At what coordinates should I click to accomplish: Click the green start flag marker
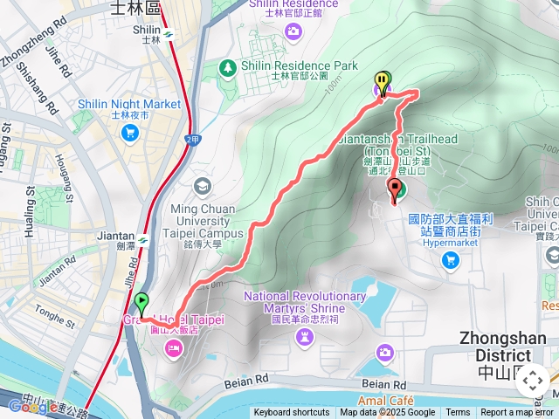click(x=142, y=304)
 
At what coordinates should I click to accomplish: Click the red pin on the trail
click(x=395, y=190)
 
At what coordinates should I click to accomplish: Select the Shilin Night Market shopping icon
click(x=130, y=133)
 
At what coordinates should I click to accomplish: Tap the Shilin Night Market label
click(x=129, y=104)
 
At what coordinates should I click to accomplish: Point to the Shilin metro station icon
click(x=168, y=36)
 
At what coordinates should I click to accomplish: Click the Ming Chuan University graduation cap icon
click(x=203, y=186)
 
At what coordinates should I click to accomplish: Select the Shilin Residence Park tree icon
click(x=228, y=66)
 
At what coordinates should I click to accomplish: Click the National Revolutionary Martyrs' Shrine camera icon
click(x=304, y=337)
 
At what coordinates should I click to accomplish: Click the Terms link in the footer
click(x=458, y=413)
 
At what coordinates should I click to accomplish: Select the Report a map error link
click(x=517, y=413)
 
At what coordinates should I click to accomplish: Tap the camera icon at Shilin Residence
click(x=293, y=32)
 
